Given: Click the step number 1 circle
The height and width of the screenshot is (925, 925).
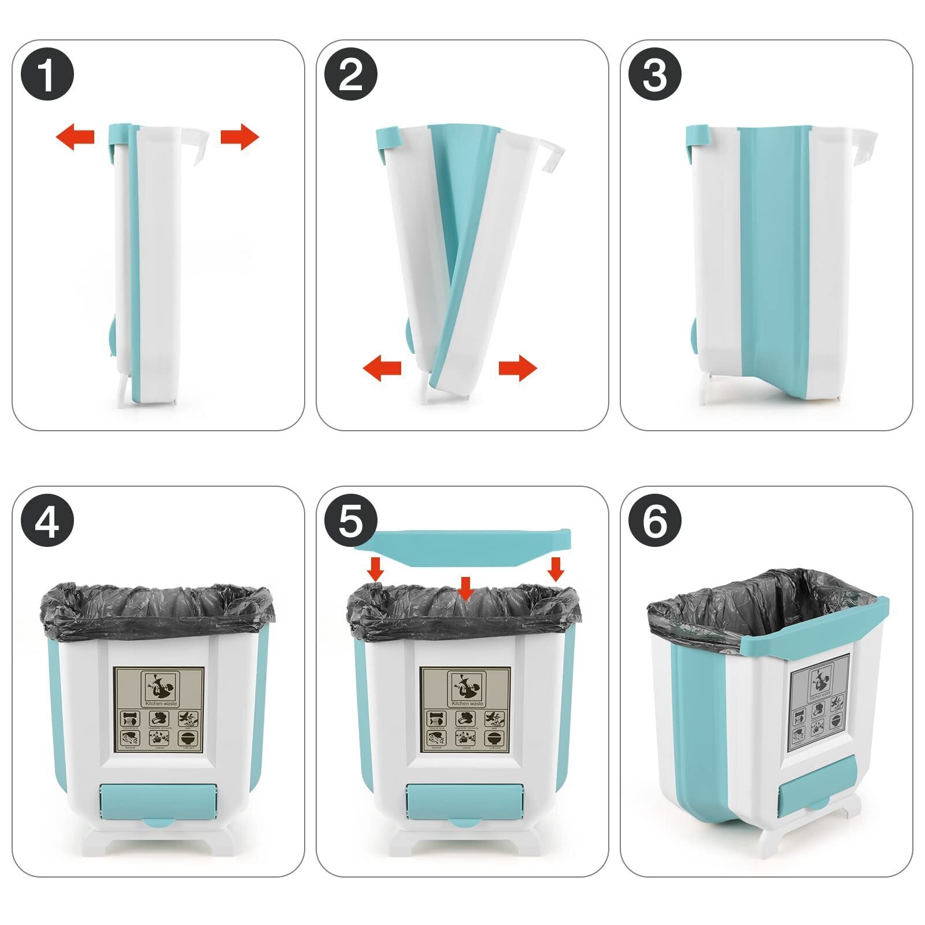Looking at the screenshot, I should click(47, 75).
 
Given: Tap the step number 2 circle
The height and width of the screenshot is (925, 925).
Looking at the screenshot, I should click(351, 75).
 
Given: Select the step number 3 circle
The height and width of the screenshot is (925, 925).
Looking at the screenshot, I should click(654, 75).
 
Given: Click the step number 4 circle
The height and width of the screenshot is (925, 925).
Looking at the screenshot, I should click(47, 521).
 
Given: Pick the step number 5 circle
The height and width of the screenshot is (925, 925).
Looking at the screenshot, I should click(351, 521).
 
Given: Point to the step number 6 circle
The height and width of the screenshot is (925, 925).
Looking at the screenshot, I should click(654, 521).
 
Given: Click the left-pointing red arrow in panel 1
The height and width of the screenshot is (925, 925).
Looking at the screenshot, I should click(75, 137).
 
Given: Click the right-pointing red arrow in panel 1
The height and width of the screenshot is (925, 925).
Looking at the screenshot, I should click(240, 137).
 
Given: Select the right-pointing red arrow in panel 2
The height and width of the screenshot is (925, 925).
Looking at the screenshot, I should click(518, 368).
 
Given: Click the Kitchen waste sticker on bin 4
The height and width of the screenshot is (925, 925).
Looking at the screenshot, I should click(159, 709).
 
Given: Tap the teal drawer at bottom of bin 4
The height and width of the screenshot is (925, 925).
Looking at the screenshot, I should click(159, 800).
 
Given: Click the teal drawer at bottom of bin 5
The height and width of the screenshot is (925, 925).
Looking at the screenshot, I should click(465, 800).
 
